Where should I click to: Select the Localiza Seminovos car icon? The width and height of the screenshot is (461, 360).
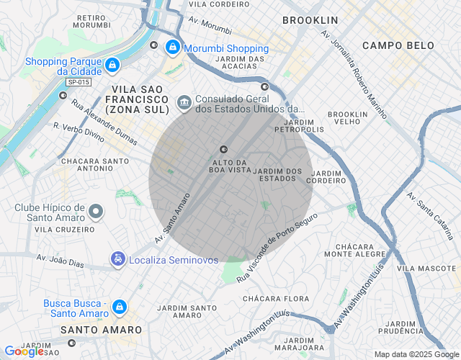(117, 258)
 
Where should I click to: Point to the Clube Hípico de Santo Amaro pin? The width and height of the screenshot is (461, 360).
(97, 211)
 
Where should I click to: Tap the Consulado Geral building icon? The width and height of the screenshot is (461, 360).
(184, 102)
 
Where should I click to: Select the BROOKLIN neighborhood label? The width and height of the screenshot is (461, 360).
(310, 20)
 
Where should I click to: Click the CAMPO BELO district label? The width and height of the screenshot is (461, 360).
(398, 45)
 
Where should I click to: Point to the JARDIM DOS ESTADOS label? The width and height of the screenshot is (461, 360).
(278, 175)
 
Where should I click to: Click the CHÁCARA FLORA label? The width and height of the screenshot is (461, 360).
(276, 298)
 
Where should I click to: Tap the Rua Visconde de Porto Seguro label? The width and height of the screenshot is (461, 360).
(277, 247)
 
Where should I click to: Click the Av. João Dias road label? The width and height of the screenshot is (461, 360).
(61, 260)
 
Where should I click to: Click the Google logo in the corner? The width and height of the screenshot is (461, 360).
(24, 351)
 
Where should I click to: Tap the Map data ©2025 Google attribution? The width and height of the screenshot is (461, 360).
(416, 354)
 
